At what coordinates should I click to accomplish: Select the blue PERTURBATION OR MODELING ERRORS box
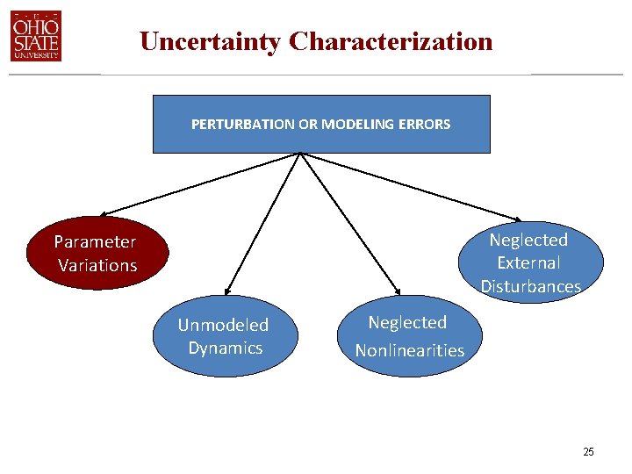321,124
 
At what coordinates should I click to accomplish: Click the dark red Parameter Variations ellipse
97,253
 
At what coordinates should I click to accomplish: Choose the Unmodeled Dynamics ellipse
225,336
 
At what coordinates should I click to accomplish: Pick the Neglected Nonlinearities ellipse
410,336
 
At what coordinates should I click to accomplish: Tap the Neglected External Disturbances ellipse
530,262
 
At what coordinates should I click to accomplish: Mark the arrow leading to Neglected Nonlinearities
351,224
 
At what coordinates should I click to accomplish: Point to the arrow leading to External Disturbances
413,187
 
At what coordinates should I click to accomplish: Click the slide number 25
588,452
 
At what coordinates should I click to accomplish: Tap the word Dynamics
226,348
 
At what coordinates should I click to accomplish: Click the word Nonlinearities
410,350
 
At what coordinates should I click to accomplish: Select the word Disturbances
530,286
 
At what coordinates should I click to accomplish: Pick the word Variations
97,265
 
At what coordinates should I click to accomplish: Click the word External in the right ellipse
528,262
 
